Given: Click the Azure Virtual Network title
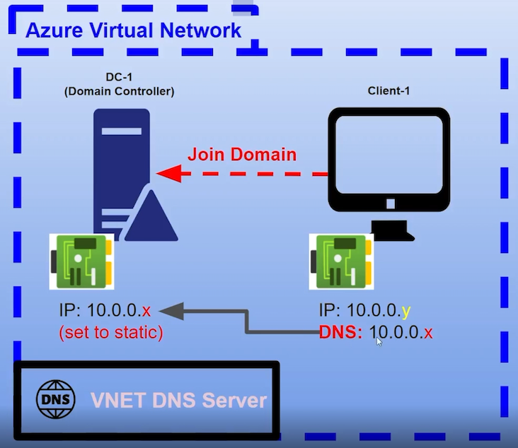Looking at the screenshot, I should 134,30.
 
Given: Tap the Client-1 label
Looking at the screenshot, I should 388,91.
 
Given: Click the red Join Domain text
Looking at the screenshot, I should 241,154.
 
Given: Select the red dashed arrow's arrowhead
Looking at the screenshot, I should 166,173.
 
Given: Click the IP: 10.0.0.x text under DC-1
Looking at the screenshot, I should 105,311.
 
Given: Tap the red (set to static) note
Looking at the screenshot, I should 111,332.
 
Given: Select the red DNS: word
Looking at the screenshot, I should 341,332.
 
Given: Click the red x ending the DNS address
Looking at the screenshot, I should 428,332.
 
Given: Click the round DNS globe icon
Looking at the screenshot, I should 54,399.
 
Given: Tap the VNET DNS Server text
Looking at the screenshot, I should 178,401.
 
